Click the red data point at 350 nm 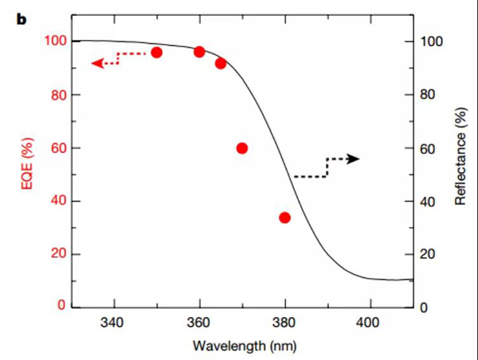156,53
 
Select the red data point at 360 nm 199,52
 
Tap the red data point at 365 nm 221,63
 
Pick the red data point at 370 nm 242,148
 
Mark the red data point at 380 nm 284,217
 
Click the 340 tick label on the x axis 113,323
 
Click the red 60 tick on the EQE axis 58,148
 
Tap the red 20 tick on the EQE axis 58,255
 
